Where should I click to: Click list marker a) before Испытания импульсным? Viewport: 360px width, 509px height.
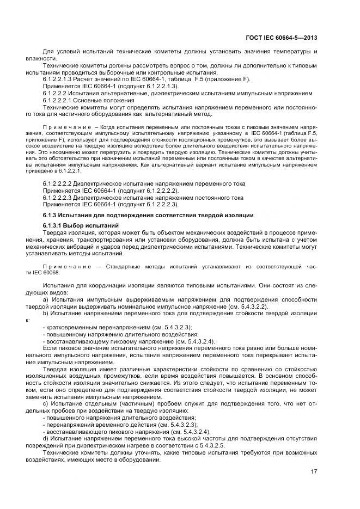(x=46, y=299)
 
